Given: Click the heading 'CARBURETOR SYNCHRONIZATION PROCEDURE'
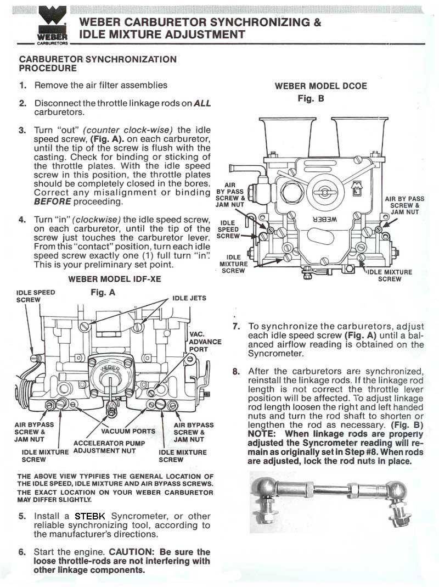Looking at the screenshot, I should (x=98, y=64).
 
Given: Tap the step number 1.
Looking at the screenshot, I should (x=22, y=86).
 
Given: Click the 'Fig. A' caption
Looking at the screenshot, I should (x=103, y=293).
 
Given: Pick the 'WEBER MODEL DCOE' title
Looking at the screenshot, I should (x=321, y=86).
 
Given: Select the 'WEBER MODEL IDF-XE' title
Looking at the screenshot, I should (x=115, y=279).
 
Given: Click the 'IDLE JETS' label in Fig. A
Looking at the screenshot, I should (x=189, y=298).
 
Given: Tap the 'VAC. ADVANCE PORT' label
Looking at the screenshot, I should (x=205, y=342).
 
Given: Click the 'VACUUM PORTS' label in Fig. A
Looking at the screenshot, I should (x=128, y=431).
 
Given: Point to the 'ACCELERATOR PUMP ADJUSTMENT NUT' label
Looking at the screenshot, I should (x=109, y=447).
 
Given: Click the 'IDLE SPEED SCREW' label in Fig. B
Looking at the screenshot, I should (x=228, y=230).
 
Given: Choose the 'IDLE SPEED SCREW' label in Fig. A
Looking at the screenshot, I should (x=36, y=296).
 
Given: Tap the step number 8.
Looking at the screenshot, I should (x=236, y=371).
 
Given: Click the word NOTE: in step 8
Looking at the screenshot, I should (x=261, y=433).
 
